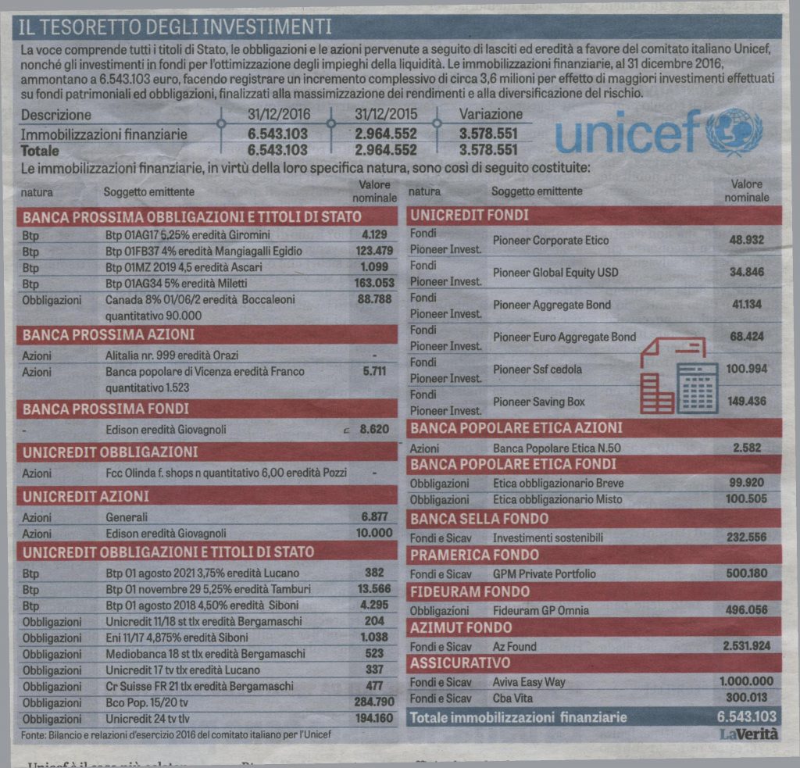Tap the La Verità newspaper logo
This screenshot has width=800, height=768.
[x=748, y=734]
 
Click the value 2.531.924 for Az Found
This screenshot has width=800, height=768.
[x=747, y=646]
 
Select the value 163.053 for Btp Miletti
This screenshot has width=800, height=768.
[x=374, y=283]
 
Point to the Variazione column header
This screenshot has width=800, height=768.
[x=491, y=114]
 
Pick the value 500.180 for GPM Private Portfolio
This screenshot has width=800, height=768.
[x=747, y=573]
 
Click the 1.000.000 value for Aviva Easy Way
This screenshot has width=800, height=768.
[x=746, y=681]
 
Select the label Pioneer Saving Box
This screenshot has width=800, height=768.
[x=539, y=402]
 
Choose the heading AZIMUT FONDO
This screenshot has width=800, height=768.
[x=461, y=627]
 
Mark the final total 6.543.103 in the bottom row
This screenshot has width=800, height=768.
[x=746, y=716]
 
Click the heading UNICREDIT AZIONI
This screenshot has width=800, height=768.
[x=85, y=496]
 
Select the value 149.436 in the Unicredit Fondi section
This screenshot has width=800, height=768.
[x=746, y=402]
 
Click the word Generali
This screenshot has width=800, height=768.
[x=127, y=516]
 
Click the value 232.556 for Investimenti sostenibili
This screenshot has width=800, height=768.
[x=747, y=538]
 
